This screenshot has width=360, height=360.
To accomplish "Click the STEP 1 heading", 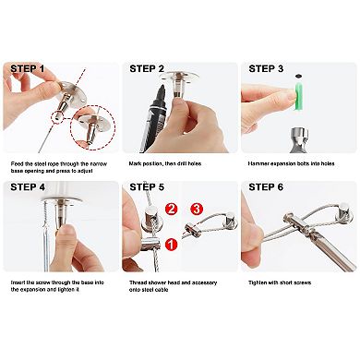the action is click(28, 68).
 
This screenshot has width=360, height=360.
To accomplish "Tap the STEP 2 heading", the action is click(147, 68).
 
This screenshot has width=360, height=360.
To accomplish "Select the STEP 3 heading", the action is click(266, 68).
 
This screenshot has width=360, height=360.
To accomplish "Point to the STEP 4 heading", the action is click(28, 187).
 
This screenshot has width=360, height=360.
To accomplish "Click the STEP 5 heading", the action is click(147, 187).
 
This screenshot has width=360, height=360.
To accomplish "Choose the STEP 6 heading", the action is click(266, 187).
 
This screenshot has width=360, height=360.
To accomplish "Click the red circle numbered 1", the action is click(171, 245).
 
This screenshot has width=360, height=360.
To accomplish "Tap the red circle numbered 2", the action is click(171, 210).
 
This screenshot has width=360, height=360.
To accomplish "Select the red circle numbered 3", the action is click(197, 210).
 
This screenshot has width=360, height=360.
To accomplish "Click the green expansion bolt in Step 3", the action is click(299, 96).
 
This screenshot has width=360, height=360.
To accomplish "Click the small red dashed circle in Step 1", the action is click(57, 116).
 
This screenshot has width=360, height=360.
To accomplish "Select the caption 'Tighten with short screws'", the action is click(280, 282).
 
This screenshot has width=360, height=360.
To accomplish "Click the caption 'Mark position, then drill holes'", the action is click(165, 163).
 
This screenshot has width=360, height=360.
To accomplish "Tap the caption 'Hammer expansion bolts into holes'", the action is click(291, 163).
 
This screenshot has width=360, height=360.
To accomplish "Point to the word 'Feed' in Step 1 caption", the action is click(17, 163).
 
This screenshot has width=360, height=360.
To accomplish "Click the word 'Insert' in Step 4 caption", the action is click(18, 282).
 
